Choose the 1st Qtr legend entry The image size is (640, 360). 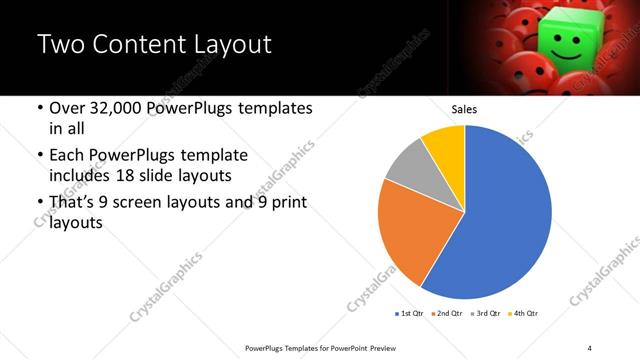pos(410,314)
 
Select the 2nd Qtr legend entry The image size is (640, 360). pos(446,314)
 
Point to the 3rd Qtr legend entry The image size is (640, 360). pos(485,314)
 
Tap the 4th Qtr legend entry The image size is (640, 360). pos(523,314)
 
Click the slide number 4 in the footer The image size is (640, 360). pos(590,347)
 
